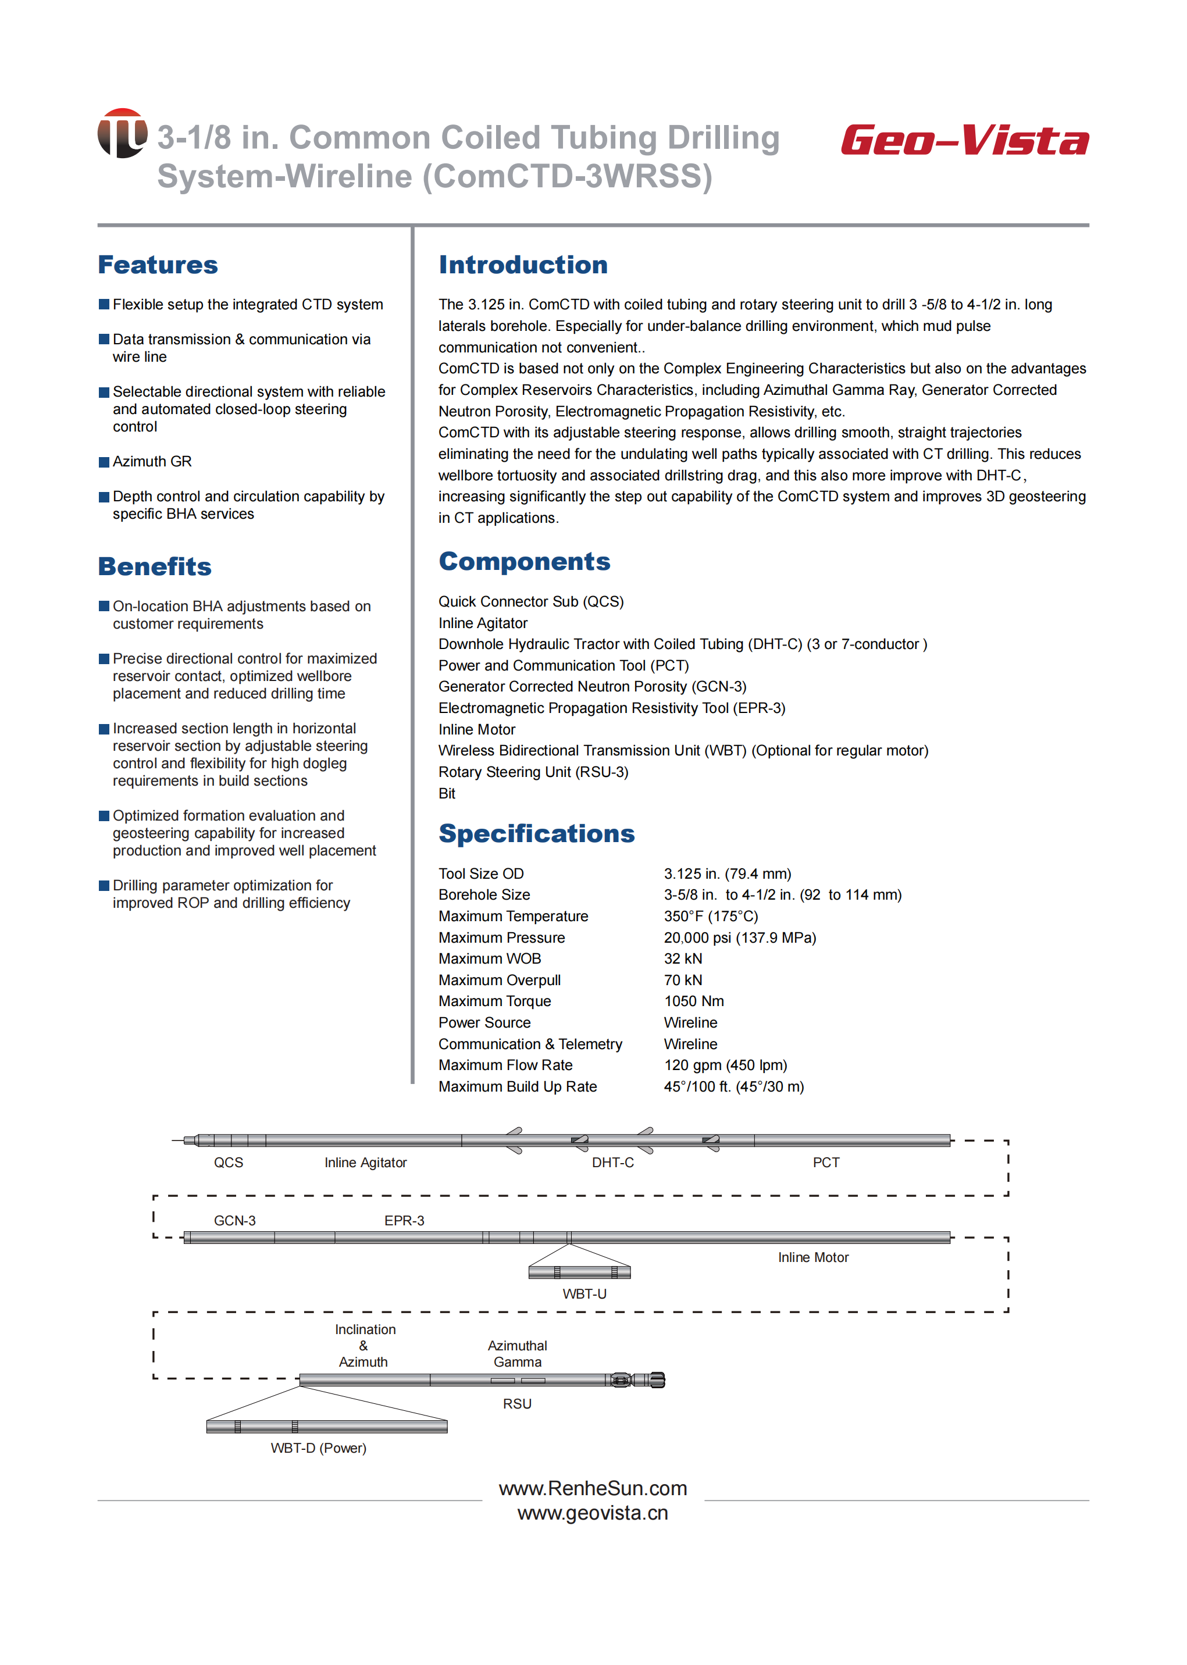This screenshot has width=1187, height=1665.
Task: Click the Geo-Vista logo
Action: coord(964,140)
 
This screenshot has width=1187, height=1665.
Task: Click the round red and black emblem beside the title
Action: coord(122,133)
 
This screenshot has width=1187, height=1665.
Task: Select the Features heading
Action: coord(158,265)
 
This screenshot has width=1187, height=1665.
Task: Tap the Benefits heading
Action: coord(155,566)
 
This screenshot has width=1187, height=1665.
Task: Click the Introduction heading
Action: coord(523,265)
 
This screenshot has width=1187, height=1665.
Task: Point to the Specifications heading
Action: coord(536,833)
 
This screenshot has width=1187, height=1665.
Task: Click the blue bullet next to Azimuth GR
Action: coord(104,462)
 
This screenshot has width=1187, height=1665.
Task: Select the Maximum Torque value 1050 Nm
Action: coord(694,1001)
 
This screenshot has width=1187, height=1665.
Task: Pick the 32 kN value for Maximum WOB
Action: coord(683,959)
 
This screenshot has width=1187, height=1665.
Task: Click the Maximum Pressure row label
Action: coord(501,937)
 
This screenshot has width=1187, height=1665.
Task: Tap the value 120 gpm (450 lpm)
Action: coord(725,1065)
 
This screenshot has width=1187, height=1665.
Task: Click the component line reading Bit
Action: coord(447,794)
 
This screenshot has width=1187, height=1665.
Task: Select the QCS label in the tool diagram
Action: coord(228,1163)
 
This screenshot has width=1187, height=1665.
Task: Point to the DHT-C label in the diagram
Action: coord(612,1163)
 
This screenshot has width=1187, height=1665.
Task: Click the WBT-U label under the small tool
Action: coord(584,1294)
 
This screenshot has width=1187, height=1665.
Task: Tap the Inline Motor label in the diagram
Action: coord(813,1257)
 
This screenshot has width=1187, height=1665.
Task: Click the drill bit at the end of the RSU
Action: coord(657,1380)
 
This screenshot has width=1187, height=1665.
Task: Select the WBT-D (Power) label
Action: coord(318,1448)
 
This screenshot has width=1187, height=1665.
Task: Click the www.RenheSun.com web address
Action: coord(593,1488)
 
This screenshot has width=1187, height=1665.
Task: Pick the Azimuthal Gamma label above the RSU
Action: coord(518,1354)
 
